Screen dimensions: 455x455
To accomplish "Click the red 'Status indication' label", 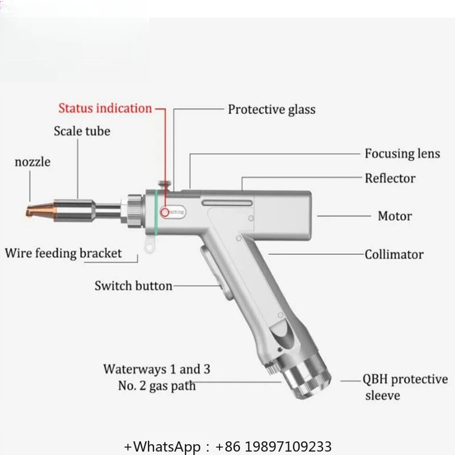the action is (105, 108).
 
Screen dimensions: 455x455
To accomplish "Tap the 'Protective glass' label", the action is (272, 110).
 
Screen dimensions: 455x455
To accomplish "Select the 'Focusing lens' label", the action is (402, 154).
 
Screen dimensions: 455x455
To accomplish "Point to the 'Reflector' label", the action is (390, 178).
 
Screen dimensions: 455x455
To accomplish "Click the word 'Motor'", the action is (395, 216).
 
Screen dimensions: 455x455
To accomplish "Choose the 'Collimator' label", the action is (394, 254).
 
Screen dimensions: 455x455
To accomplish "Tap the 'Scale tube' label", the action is (82, 131).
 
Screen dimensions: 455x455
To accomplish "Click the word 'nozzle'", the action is (32, 162).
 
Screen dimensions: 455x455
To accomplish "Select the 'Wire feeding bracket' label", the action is (63, 253).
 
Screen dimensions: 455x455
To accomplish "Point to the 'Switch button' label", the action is (134, 286).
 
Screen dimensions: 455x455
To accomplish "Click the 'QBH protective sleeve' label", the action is (405, 387).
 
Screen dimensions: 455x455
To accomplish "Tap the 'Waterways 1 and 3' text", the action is (157, 369).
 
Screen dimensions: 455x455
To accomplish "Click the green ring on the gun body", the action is (156, 212).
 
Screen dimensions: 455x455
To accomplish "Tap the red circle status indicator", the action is (165, 212).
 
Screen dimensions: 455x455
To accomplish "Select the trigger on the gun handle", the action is (215, 273).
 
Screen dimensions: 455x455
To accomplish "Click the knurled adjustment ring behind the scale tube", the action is (134, 211).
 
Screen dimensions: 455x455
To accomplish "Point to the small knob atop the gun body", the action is (164, 185).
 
